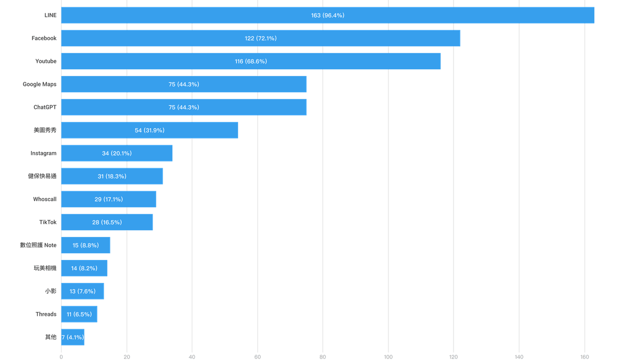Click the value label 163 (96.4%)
[328, 15]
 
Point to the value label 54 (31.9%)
[149, 130]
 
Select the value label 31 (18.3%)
[112, 176]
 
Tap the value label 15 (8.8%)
[86, 245]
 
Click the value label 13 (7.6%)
[83, 291]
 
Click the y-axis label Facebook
[44, 38]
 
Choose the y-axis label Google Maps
[40, 84]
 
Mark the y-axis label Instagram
[44, 153]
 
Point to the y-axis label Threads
[46, 314]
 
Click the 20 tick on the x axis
[127, 357]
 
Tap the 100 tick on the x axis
[388, 357]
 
